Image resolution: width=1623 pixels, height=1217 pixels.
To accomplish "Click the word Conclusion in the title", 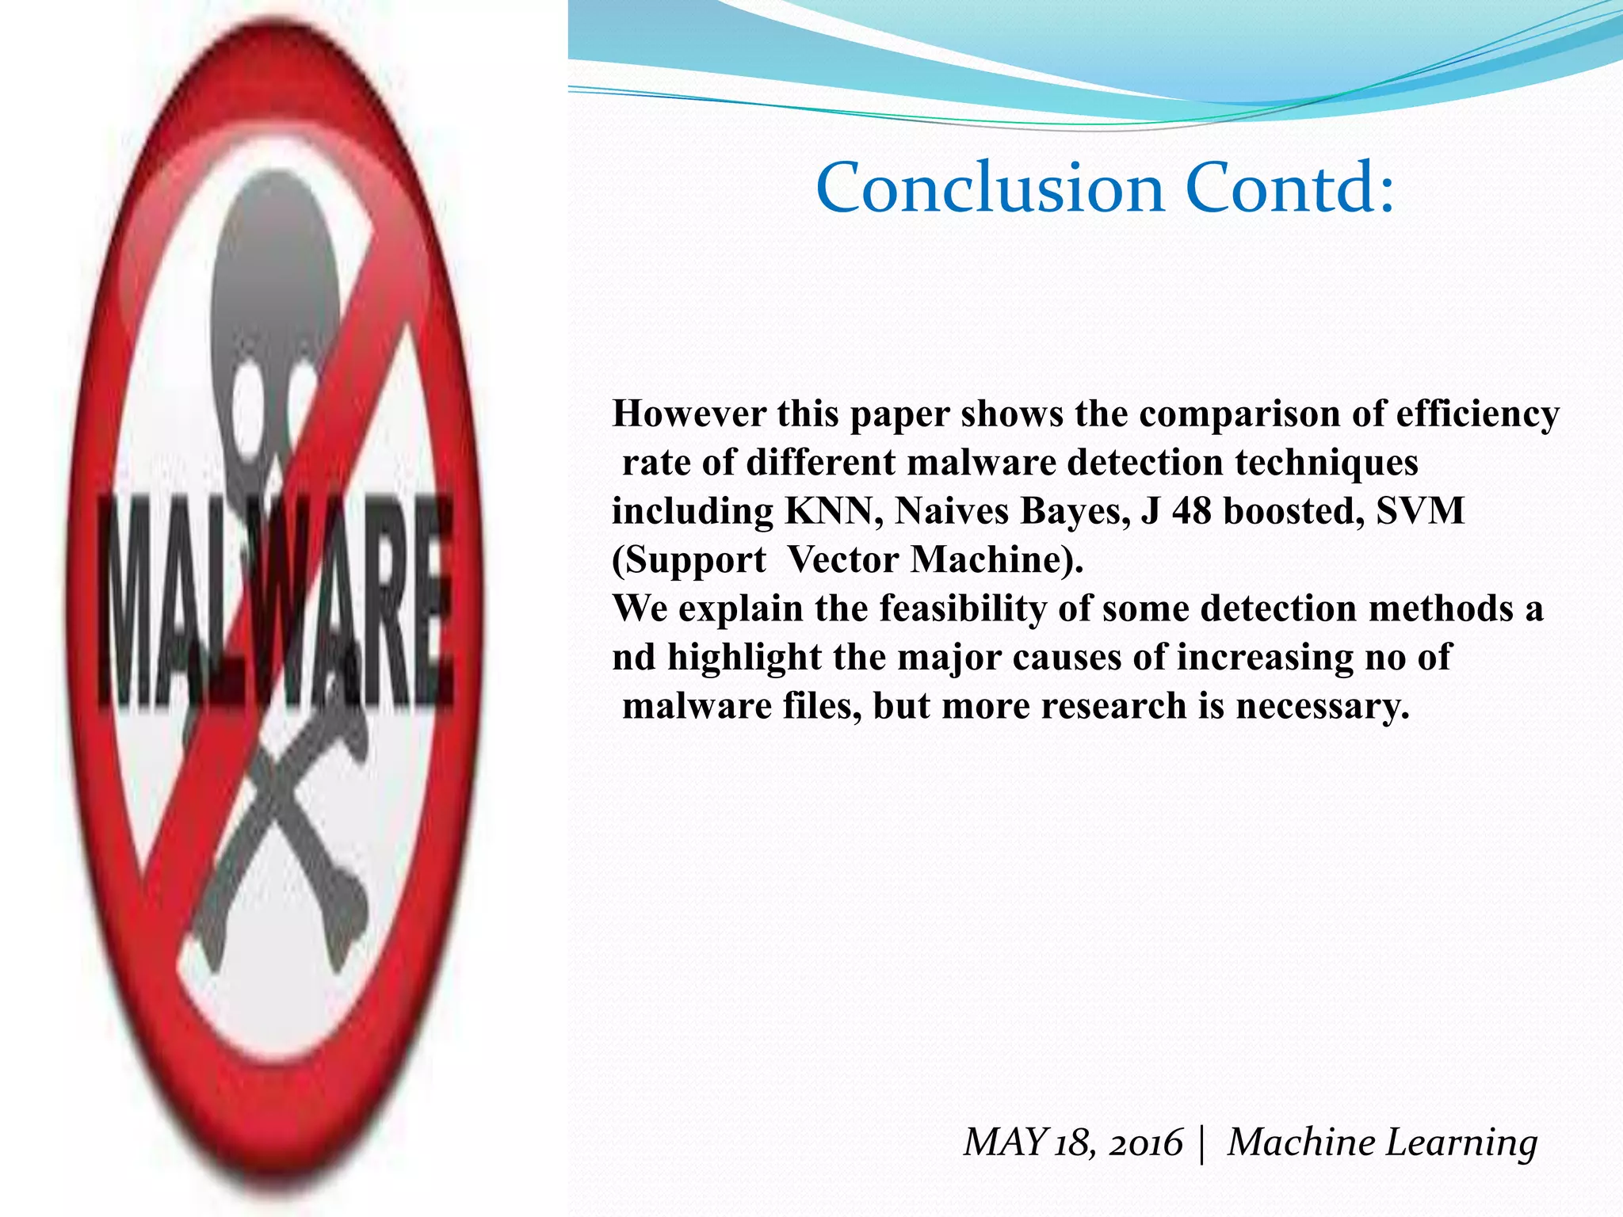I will [x=991, y=189].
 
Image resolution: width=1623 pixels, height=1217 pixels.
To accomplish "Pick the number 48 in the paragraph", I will [x=1192, y=511].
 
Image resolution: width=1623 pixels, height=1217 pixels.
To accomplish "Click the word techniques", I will [x=1326, y=463].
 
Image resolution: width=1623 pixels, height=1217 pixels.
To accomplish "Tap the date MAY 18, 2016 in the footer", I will [x=1072, y=1143].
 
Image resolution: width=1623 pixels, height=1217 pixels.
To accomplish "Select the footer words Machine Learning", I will [x=1382, y=1143].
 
